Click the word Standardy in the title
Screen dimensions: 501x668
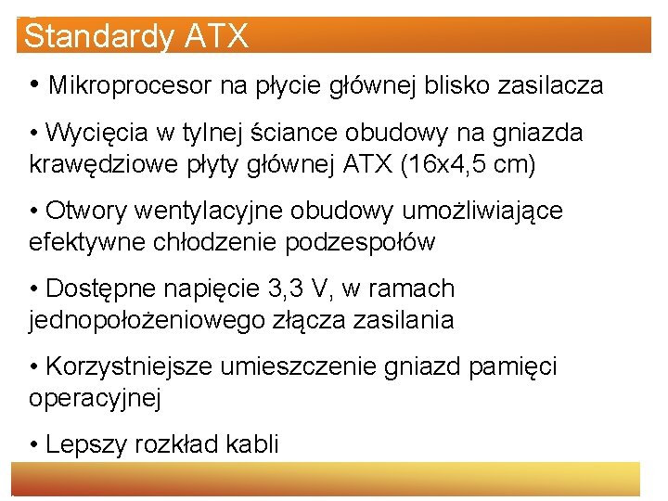click(x=98, y=37)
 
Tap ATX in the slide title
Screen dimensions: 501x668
click(x=217, y=37)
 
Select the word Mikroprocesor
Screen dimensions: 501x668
click(x=132, y=86)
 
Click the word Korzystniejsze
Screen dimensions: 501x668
click(x=129, y=367)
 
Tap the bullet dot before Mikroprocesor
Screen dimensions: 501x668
click(x=33, y=86)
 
